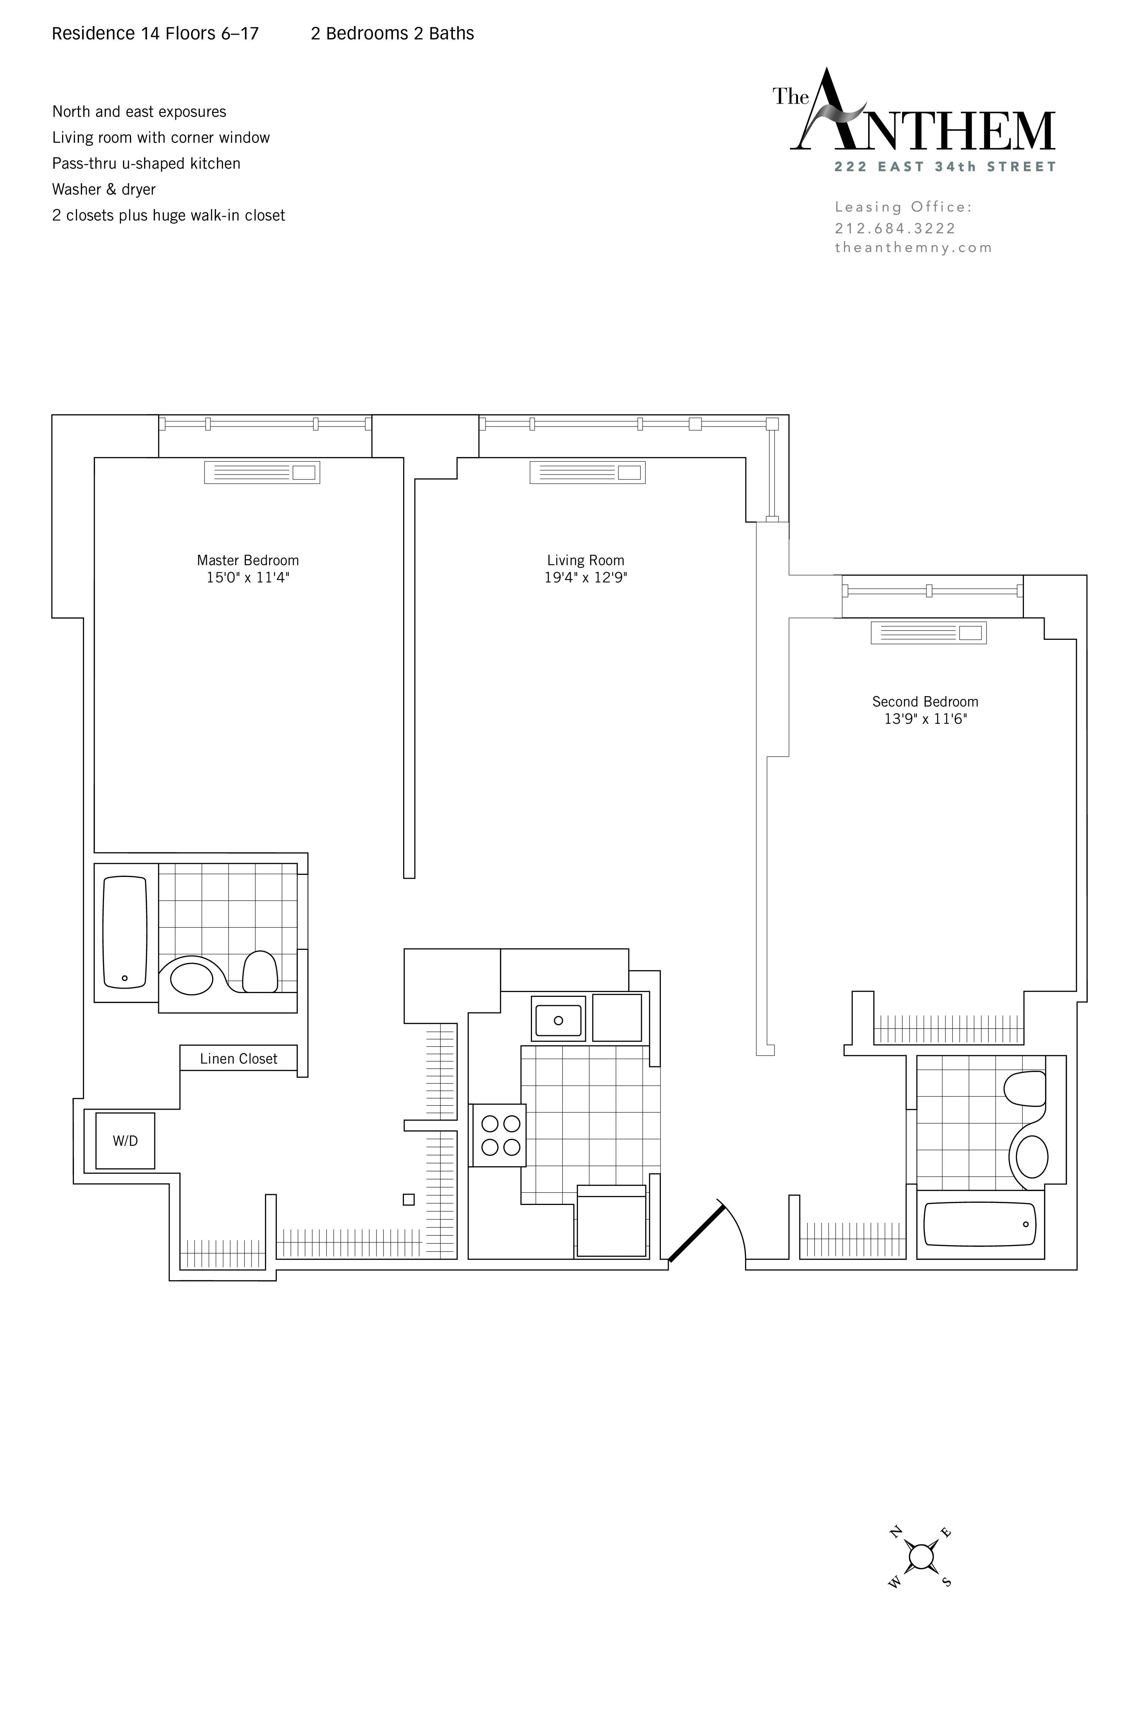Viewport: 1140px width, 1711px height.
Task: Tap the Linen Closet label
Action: [x=238, y=1058]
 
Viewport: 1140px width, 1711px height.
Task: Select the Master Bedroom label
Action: [x=248, y=560]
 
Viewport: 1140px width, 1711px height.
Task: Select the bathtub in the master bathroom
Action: [x=125, y=932]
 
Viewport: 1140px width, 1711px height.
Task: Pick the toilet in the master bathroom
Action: [x=259, y=972]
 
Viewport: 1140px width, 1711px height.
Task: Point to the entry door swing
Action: [x=709, y=1230]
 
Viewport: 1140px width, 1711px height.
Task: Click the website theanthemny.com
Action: [x=913, y=247]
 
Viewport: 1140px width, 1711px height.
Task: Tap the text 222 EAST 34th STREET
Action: [x=945, y=167]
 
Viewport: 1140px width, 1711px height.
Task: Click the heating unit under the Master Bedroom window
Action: [x=262, y=472]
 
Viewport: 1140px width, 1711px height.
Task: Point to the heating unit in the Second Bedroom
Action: [x=929, y=633]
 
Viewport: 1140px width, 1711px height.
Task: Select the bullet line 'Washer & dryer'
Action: [x=104, y=189]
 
